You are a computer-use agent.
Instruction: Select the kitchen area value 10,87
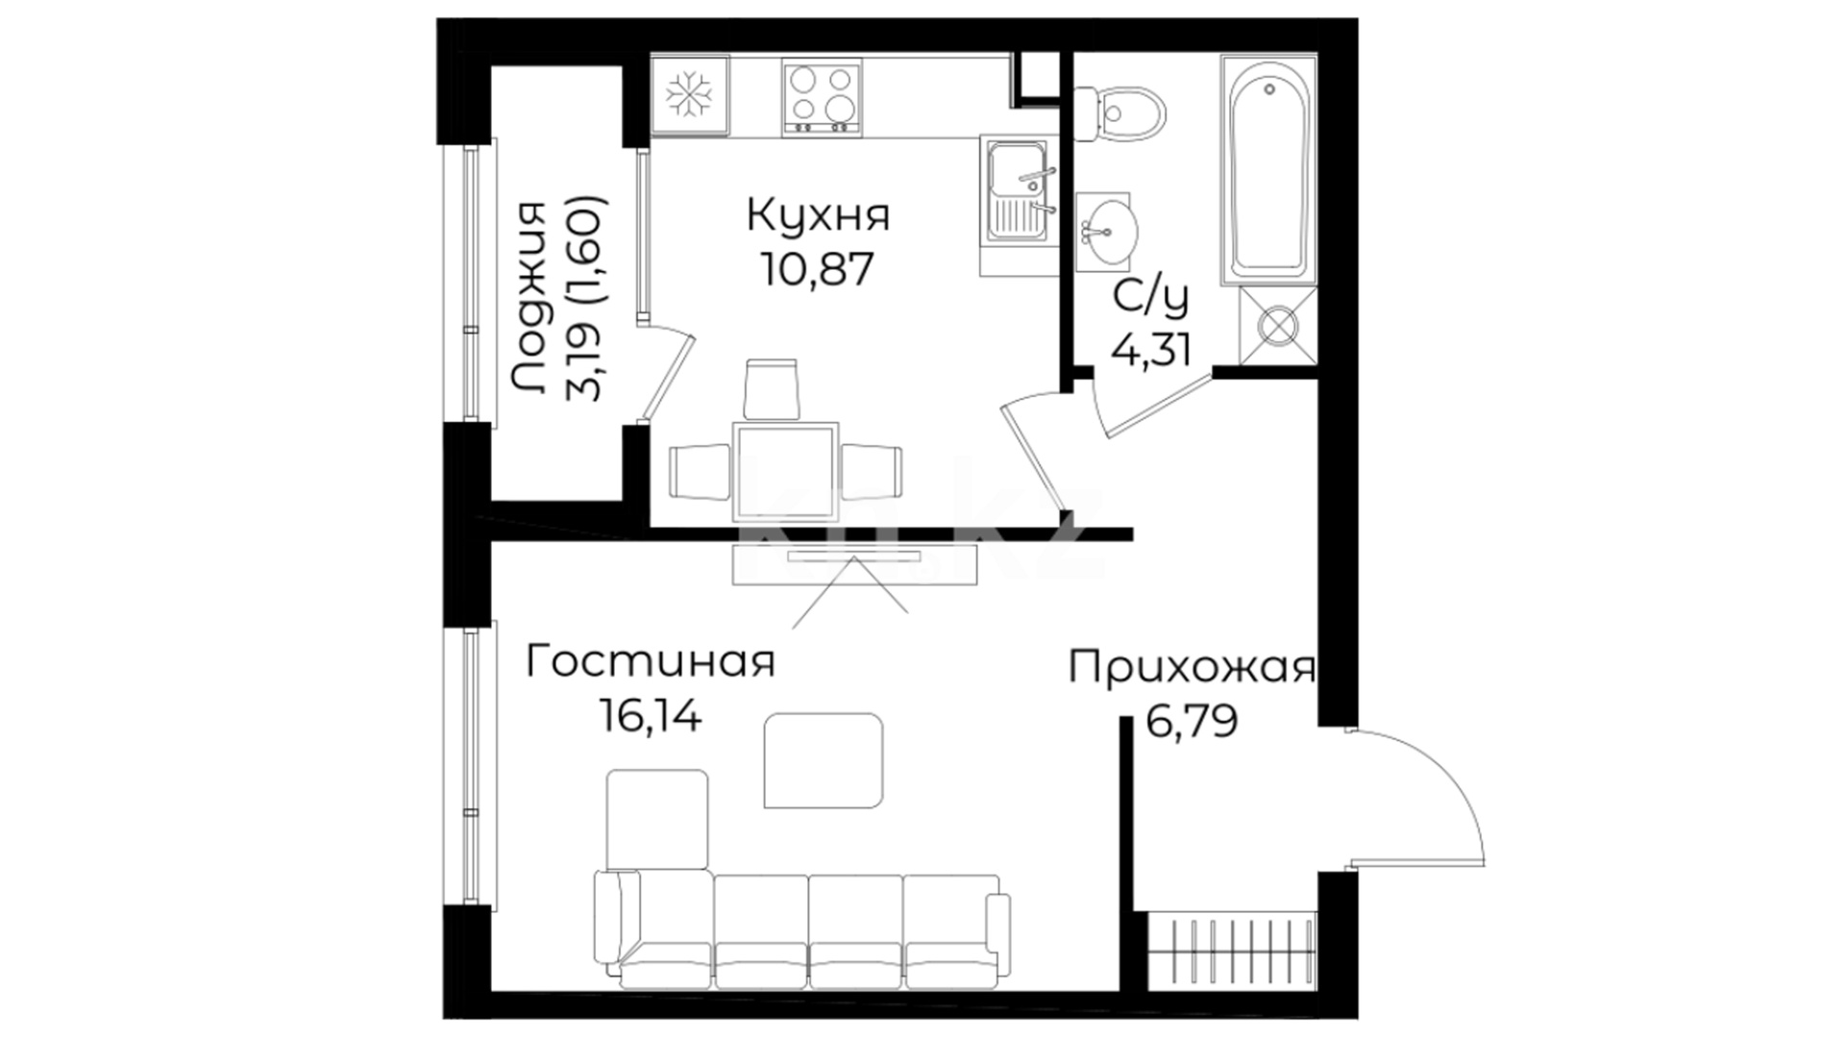[819, 269]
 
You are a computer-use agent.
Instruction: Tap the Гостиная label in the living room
[650, 662]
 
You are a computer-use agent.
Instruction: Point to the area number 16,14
[650, 715]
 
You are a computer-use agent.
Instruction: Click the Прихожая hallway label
[1192, 667]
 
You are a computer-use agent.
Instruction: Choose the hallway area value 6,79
[1192, 720]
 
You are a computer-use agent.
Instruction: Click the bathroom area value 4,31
[1151, 350]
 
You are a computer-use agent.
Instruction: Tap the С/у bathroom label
[1151, 298]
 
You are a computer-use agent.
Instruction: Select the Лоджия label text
[529, 298]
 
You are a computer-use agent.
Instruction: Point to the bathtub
[1268, 169]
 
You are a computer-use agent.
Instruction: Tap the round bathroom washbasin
[1107, 231]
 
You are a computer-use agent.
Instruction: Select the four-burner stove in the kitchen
[821, 97]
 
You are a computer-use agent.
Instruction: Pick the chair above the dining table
[772, 389]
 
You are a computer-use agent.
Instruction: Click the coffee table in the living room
[824, 760]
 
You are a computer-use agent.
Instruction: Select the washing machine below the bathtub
[1278, 326]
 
